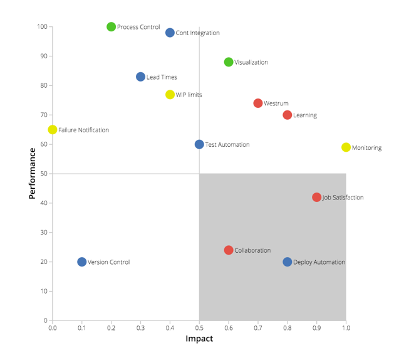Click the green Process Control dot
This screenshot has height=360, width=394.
tap(111, 27)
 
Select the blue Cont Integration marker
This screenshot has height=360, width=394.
tap(170, 33)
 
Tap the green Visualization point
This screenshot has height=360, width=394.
tap(229, 62)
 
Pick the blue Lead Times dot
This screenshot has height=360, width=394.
tap(141, 77)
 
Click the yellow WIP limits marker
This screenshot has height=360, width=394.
tap(170, 95)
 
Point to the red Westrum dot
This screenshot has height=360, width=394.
tap(258, 103)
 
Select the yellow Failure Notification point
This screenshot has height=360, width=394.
tap(53, 130)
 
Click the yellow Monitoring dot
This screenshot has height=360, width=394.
tap(346, 147)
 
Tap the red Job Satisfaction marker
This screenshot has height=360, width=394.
tap(317, 198)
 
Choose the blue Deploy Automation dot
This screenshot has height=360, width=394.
tap(288, 262)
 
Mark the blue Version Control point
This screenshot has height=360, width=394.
tap(82, 262)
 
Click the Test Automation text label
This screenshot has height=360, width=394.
tap(227, 145)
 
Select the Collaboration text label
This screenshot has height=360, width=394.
tap(252, 250)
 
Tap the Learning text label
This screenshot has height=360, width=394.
tap(305, 115)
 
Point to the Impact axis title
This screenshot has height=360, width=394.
tap(199, 339)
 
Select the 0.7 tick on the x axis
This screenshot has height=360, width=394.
tap(258, 327)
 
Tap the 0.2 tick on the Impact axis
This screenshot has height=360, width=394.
tap(111, 327)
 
